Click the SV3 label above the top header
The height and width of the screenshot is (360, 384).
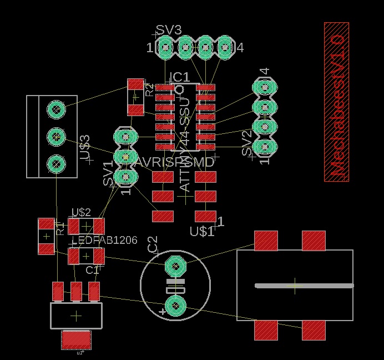pyautogui.click(x=168, y=29)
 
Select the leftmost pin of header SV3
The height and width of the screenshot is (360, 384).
pyautogui.click(x=165, y=48)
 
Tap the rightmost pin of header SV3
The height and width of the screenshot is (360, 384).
pyautogui.click(x=225, y=48)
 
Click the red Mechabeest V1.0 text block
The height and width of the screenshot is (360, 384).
pyautogui.click(x=336, y=102)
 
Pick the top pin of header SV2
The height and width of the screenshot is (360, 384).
pyautogui.click(x=265, y=87)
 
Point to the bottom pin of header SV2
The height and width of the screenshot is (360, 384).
pyautogui.click(x=265, y=147)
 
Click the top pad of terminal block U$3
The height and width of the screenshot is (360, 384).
pyautogui.click(x=55, y=109)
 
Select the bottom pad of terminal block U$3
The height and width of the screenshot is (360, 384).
pyautogui.click(x=55, y=163)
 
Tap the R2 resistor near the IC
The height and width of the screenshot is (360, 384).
pyautogui.click(x=135, y=97)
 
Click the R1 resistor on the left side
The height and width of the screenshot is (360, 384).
pyautogui.click(x=46, y=236)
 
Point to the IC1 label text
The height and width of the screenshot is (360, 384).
pyautogui.click(x=180, y=77)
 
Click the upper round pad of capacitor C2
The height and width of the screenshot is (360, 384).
pyautogui.click(x=175, y=266)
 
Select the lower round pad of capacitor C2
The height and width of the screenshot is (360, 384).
pyautogui.click(x=175, y=306)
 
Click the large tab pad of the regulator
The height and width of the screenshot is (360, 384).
pyautogui.click(x=76, y=339)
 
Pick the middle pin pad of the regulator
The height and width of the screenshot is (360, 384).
pyautogui.click(x=76, y=290)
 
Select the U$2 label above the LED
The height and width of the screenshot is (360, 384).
pyautogui.click(x=81, y=212)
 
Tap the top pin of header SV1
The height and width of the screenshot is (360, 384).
pyautogui.click(x=126, y=136)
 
